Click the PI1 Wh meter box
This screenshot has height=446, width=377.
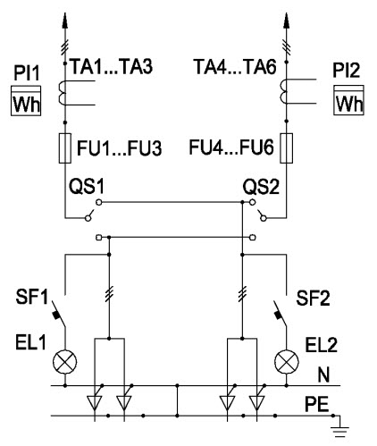pyautogui.click(x=26, y=100)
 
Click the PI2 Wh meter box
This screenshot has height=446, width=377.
pyautogui.click(x=348, y=99)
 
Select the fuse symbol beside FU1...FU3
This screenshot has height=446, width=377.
pyautogui.click(x=65, y=148)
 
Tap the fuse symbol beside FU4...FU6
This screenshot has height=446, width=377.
pyautogui.click(x=287, y=148)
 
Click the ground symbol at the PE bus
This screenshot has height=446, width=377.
pyautogui.click(x=339, y=432)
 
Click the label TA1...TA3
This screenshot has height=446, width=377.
pyautogui.click(x=111, y=66)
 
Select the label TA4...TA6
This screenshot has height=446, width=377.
pyautogui.click(x=235, y=66)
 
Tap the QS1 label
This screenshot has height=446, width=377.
pyautogui.click(x=87, y=187)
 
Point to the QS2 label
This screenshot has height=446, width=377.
pyautogui.click(x=261, y=187)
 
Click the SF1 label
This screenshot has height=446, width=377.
pyautogui.click(x=31, y=297)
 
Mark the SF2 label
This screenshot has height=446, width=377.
pyautogui.click(x=313, y=298)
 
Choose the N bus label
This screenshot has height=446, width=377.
pyautogui.click(x=323, y=374)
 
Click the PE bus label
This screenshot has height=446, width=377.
pyautogui.click(x=317, y=404)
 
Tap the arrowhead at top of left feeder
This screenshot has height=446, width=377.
pyautogui.click(x=65, y=21)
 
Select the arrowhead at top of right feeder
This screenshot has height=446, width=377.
pyautogui.click(x=287, y=21)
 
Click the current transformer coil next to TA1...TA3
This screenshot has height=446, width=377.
pyautogui.click(x=62, y=93)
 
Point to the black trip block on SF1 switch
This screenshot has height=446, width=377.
pyautogui.click(x=55, y=315)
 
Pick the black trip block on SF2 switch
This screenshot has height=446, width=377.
pyautogui.click(x=278, y=315)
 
